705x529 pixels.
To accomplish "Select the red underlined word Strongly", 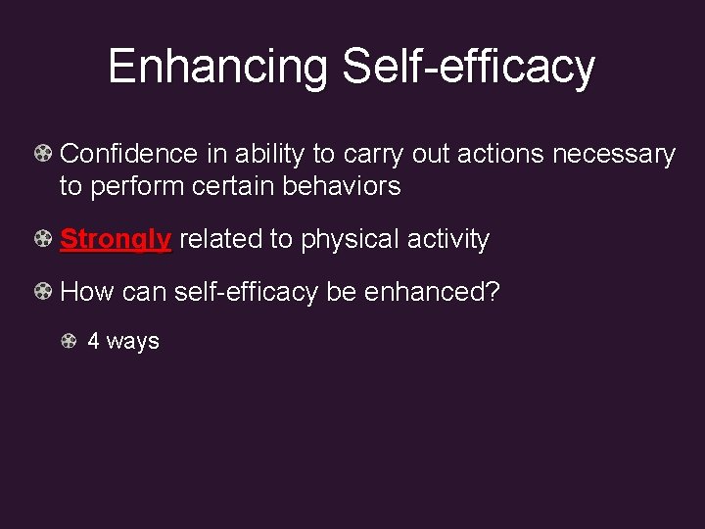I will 116,239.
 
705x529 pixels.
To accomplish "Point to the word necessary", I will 614,155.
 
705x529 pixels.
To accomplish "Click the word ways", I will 132,342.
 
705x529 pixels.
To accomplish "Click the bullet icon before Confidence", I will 43,154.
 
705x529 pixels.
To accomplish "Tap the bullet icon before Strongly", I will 43,238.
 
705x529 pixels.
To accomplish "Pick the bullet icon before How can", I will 43,291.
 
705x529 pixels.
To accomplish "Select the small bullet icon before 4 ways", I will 69,341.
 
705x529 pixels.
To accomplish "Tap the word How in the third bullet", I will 86,292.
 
